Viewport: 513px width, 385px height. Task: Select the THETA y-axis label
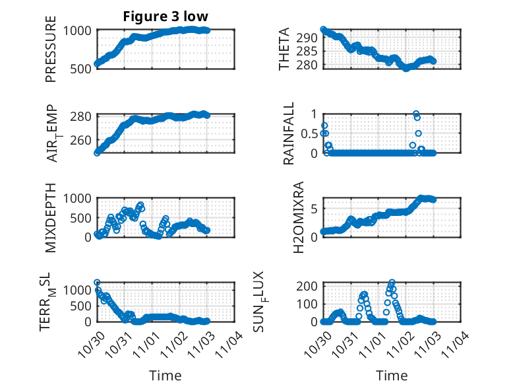pyautogui.click(x=284, y=49)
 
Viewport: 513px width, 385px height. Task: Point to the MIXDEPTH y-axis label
pyautogui.click(x=51, y=217)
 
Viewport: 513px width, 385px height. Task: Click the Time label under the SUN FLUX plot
pyautogui.click(x=392, y=375)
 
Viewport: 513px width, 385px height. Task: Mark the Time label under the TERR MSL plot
pyautogui.click(x=166, y=375)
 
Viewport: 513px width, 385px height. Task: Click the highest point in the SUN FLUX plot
pyautogui.click(x=392, y=283)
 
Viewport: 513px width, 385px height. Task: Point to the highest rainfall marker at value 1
pyautogui.click(x=416, y=114)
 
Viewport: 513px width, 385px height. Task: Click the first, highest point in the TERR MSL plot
pyautogui.click(x=97, y=282)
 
